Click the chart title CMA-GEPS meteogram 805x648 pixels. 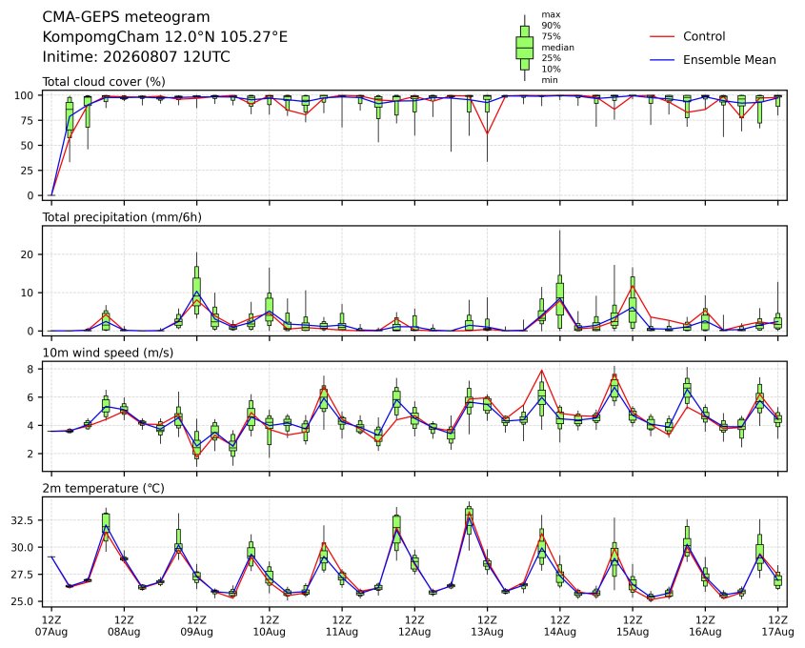click(126, 17)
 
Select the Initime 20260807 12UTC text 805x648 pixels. click(136, 56)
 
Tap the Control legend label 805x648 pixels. click(704, 36)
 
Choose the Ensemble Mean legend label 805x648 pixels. click(729, 60)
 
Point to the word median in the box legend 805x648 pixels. click(557, 48)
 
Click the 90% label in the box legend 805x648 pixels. click(551, 25)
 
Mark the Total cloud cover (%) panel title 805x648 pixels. click(104, 82)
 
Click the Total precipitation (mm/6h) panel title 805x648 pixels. click(122, 217)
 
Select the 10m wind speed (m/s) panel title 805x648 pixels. click(108, 353)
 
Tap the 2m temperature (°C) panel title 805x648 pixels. click(103, 488)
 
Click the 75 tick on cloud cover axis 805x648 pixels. click(29, 121)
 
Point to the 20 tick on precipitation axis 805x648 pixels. click(29, 254)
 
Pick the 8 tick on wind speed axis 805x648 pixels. click(30, 369)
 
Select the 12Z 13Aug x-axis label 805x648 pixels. click(487, 625)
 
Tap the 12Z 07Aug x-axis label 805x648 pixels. click(51, 625)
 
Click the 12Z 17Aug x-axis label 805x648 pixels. click(777, 625)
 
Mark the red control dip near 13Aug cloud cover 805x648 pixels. click(487, 133)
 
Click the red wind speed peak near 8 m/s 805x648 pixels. click(542, 370)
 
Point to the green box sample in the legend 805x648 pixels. click(524, 48)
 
